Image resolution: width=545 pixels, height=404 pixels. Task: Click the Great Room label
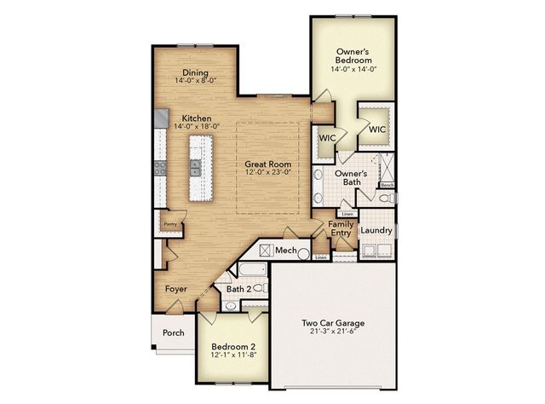[x=267, y=164]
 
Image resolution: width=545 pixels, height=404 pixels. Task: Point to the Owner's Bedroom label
[x=353, y=56]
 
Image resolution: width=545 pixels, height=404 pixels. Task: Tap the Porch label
[x=174, y=332]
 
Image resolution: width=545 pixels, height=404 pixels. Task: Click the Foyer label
[x=176, y=289]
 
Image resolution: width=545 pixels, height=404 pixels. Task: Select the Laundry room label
[x=376, y=230]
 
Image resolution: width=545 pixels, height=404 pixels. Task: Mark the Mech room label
[x=285, y=250]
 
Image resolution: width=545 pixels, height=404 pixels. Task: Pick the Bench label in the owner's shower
[x=387, y=184]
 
